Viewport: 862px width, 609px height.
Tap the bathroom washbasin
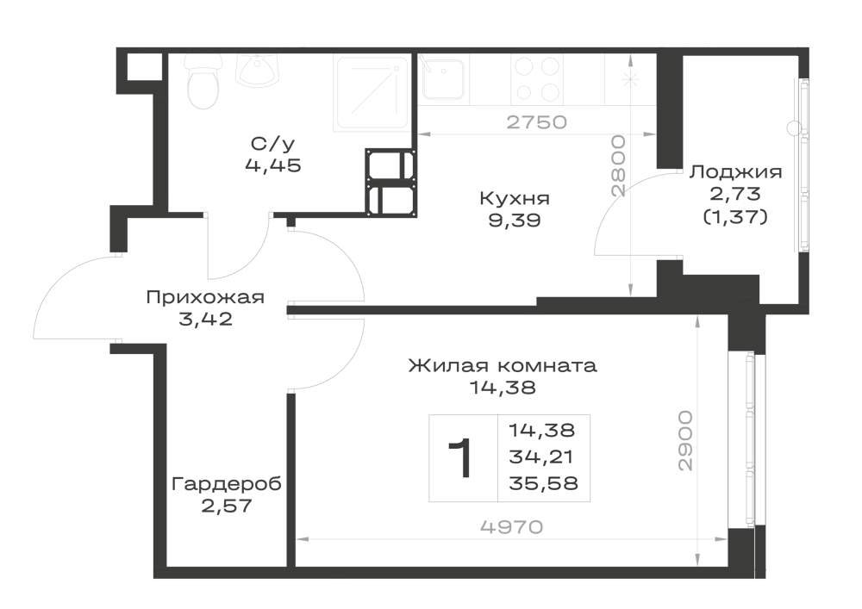tap(258, 71)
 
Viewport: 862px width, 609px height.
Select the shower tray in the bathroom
tap(372, 93)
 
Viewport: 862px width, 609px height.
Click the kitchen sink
tap(443, 78)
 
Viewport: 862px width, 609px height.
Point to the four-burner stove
tap(538, 79)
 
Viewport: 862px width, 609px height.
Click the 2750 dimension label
tap(536, 122)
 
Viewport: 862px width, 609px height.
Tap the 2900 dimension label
tap(685, 440)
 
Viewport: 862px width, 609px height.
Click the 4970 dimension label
tap(512, 527)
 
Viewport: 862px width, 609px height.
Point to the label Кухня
tap(515, 198)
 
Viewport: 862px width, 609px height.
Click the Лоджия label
tap(735, 172)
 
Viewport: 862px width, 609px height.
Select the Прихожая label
tap(205, 298)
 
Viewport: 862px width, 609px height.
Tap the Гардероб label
tap(227, 484)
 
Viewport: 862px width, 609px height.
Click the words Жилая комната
tap(503, 366)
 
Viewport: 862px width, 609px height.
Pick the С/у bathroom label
tap(273, 144)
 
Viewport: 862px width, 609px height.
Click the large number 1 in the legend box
tap(459, 458)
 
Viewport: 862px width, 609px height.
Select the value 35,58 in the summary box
tap(543, 483)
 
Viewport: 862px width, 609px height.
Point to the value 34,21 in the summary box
tap(541, 457)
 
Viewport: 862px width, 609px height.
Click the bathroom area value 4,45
tap(273, 165)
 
